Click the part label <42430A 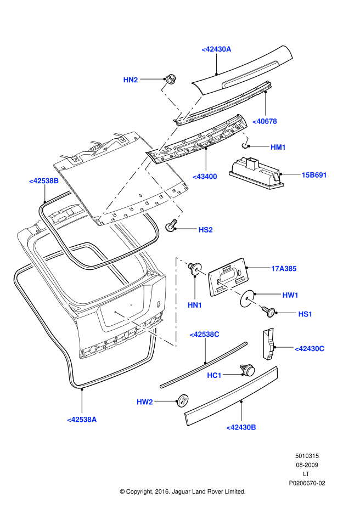216,49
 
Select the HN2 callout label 131,80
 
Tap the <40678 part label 265,121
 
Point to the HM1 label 278,147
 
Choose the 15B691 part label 314,176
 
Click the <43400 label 205,177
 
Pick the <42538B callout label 44,180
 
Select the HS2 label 205,230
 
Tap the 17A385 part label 284,269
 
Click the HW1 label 290,295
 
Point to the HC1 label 214,375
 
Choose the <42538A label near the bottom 82,420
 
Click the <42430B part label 241,427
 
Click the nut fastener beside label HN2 171,79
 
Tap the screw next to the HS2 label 172,225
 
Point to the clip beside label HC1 249,370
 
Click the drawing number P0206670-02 307,483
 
